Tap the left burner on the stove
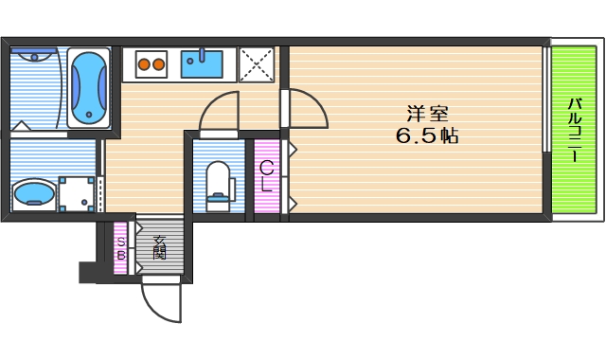point(145,65)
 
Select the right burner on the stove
point(159,65)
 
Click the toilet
point(218,183)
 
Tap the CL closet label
point(267,176)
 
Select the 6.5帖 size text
point(425,135)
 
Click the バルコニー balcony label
point(574,129)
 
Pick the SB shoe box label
point(121,248)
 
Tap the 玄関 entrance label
point(159,248)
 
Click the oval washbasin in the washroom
point(35,195)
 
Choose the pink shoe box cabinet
point(120,248)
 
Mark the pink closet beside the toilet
point(267,177)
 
